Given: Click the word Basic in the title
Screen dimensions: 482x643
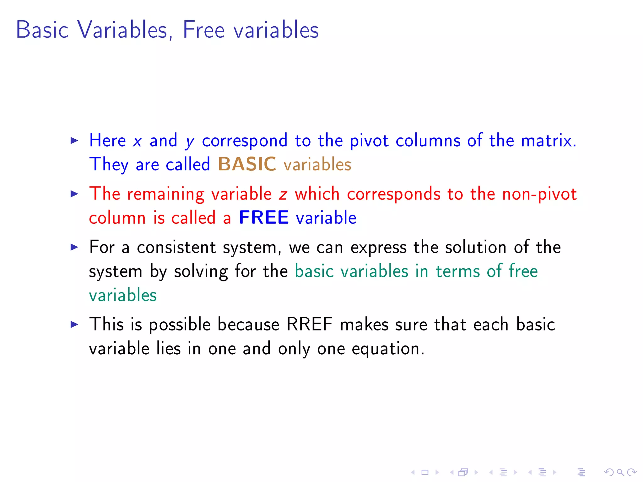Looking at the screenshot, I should pos(42,30).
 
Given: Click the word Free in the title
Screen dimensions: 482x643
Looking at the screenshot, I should pos(203,30).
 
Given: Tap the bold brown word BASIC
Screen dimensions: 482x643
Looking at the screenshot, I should pos(247,164).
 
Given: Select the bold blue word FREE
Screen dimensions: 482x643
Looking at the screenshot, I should pos(264,217).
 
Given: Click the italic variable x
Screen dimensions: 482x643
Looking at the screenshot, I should pos(137,141).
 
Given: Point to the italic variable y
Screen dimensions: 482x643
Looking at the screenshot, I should pos(190,142).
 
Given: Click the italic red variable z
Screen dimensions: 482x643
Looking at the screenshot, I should pos(283,194).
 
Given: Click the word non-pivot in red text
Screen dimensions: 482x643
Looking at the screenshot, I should pos(539,194).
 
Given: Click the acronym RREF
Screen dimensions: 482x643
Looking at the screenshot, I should pos(309,324).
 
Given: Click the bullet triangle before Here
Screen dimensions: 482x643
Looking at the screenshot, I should pos(74,140).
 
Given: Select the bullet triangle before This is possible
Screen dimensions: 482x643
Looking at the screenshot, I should pos(74,324).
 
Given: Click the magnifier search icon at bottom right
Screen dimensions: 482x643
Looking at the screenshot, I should pos(620,472).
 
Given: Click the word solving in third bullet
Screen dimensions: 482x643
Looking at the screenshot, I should pos(201,271).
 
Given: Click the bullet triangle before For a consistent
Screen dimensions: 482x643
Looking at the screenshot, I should pos(74,247).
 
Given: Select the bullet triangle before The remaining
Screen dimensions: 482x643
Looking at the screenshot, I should pos(74,194).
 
